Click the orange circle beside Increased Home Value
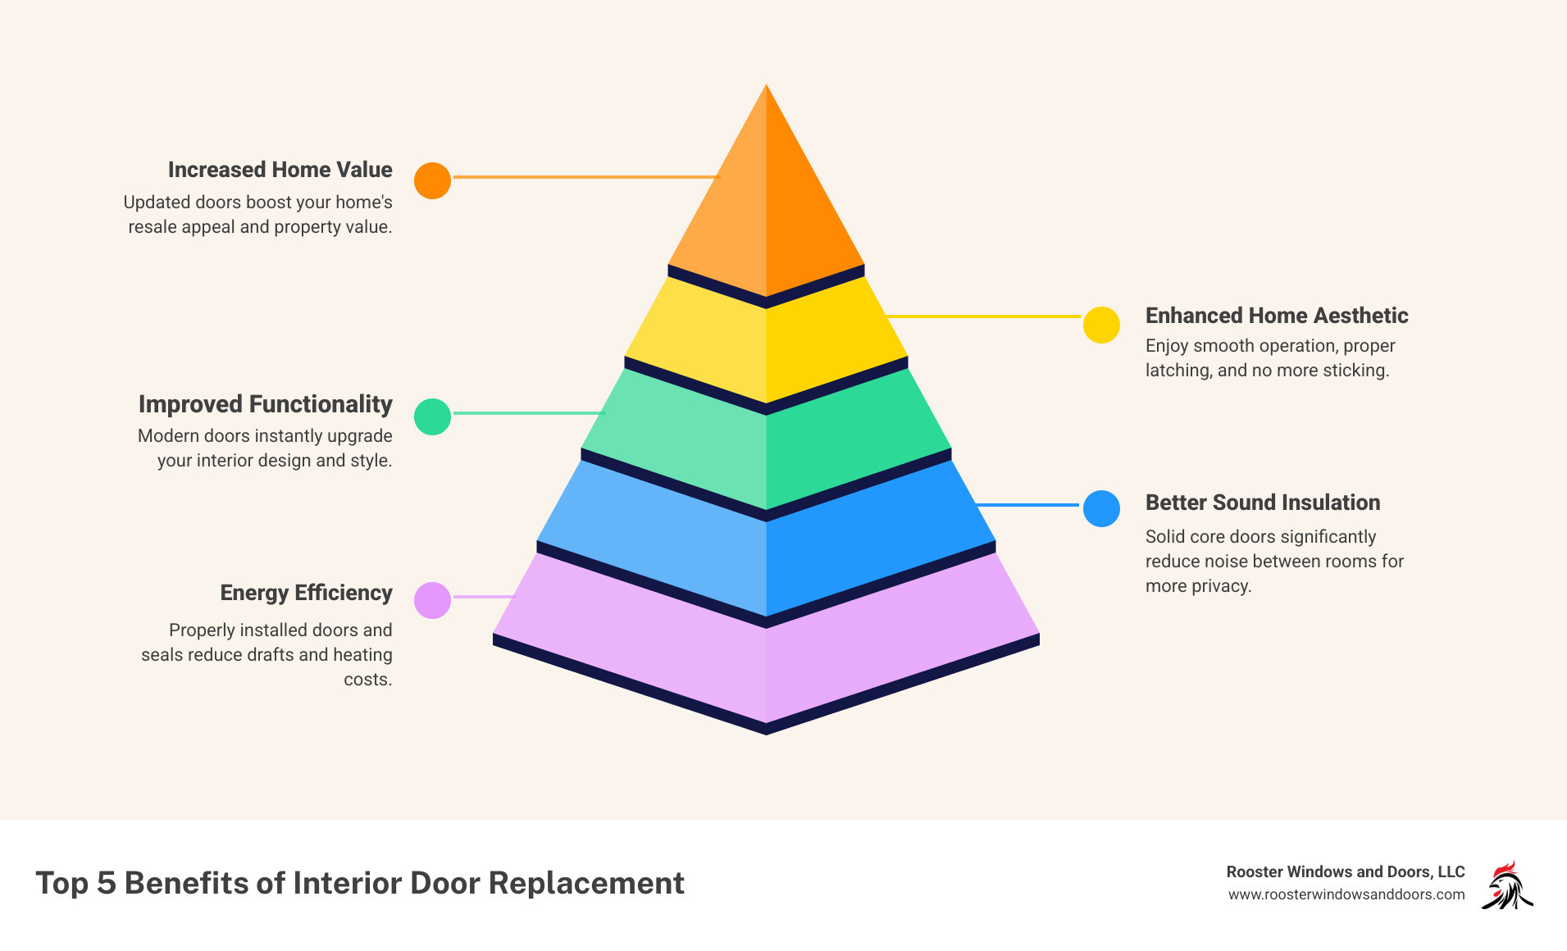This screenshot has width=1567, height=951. (432, 180)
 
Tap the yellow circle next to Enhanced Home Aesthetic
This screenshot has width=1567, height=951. (1101, 325)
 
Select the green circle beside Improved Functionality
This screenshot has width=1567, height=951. (432, 416)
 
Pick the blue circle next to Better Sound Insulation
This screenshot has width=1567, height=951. (1101, 508)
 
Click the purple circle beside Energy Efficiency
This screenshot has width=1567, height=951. (432, 600)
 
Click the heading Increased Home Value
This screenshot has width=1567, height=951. (280, 170)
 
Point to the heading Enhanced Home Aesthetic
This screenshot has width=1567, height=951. (1276, 316)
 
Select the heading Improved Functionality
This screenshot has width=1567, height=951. (265, 404)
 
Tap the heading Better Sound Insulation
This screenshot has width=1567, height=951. (1262, 503)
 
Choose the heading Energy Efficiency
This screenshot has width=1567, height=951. (306, 593)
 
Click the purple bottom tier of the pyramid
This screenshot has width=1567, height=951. (766, 656)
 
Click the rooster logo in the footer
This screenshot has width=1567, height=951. (1507, 885)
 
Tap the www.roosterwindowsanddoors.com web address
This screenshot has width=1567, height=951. (1346, 894)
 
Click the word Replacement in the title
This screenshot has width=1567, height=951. (586, 883)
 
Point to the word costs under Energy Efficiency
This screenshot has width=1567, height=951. (367, 680)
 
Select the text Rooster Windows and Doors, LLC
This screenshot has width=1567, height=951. (1345, 871)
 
